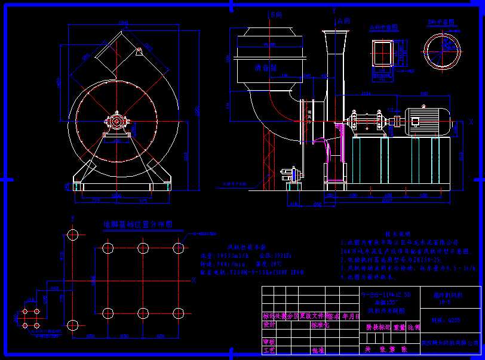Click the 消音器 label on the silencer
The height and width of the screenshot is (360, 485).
(x=263, y=68)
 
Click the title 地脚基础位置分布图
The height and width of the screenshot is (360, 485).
(x=138, y=224)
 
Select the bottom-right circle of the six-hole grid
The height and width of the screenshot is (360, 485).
(x=177, y=312)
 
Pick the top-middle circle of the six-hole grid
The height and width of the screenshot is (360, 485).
(x=143, y=248)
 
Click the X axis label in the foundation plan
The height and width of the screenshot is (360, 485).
(x=194, y=279)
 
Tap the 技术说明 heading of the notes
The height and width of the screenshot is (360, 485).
(x=395, y=235)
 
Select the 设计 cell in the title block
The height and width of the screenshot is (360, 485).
(x=268, y=325)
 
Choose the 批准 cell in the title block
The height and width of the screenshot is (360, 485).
(x=317, y=350)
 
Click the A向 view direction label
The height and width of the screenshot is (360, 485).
(x=342, y=20)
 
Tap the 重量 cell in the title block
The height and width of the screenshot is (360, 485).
(x=398, y=327)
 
